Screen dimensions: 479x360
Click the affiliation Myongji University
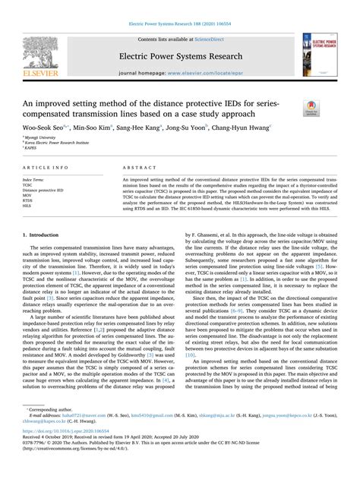point(44,138)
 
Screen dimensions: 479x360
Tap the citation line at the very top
point(180,7)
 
